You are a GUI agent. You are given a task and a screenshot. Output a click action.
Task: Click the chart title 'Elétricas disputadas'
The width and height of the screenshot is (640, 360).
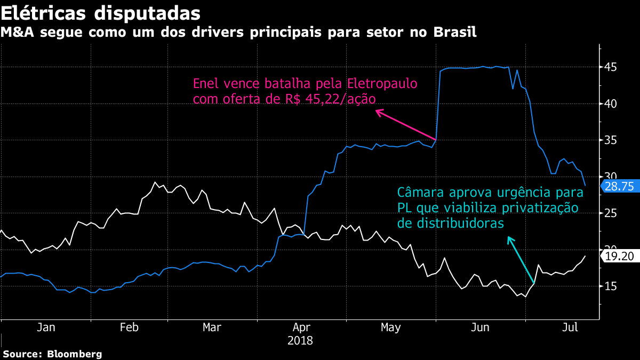click(x=101, y=12)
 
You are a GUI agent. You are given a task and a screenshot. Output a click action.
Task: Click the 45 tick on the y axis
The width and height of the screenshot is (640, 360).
click(x=610, y=67)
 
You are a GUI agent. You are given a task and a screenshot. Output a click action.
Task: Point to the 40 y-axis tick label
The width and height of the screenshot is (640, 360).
click(x=610, y=103)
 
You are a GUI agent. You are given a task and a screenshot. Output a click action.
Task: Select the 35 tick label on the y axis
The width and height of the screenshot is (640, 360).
click(x=610, y=140)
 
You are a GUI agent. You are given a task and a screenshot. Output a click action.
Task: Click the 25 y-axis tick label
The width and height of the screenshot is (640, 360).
click(x=610, y=213)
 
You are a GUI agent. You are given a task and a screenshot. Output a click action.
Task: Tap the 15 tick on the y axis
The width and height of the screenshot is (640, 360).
click(x=610, y=286)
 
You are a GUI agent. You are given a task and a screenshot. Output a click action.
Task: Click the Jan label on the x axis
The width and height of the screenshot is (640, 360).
click(x=46, y=327)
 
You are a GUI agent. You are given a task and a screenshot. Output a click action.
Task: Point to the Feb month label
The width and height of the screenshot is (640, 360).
click(x=129, y=327)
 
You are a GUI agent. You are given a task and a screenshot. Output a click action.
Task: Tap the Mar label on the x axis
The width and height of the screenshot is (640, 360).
click(x=212, y=327)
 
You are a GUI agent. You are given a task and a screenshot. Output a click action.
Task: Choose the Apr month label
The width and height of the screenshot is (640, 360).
click(x=302, y=327)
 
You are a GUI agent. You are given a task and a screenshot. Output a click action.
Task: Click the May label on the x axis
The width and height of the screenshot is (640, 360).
click(x=391, y=327)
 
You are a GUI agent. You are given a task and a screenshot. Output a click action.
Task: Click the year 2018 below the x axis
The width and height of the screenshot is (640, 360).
click(x=300, y=340)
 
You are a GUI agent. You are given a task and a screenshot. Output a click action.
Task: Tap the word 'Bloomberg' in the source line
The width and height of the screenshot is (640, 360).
click(x=75, y=354)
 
